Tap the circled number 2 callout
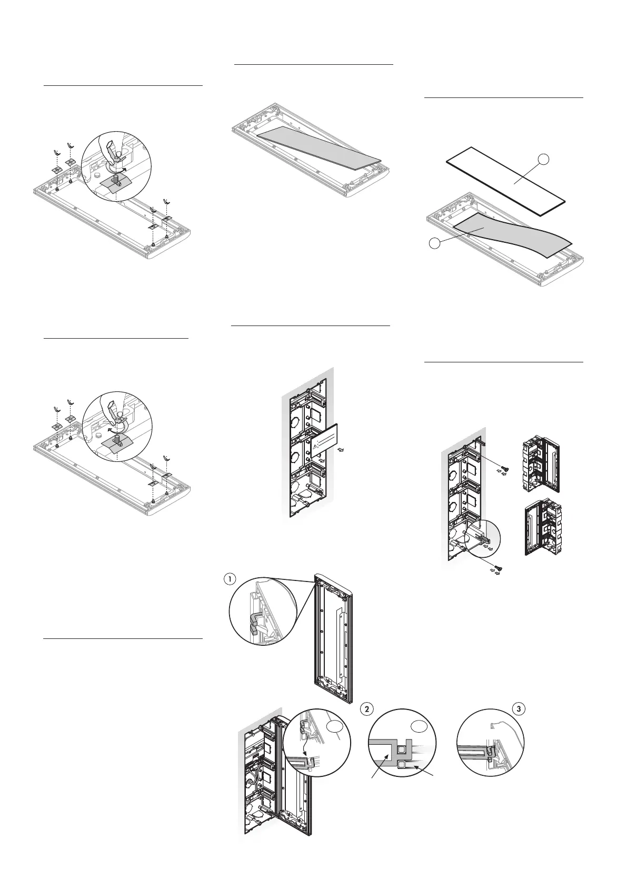(366, 709)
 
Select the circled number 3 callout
(519, 709)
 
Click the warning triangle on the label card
(315, 446)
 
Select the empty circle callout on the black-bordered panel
(547, 159)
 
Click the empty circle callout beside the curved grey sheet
(433, 243)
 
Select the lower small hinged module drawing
(542, 529)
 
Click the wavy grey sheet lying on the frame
(511, 235)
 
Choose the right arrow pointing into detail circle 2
(427, 770)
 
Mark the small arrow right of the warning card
(341, 449)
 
